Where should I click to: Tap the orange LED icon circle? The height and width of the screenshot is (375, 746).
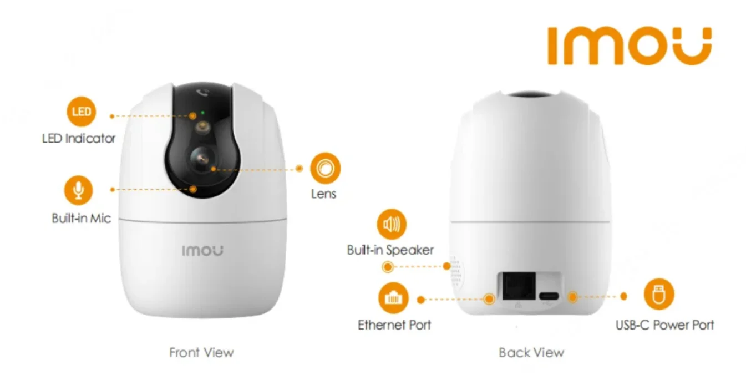(x=82, y=113)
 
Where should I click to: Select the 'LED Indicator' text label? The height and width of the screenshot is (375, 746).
(x=79, y=138)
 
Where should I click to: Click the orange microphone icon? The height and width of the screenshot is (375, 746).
(x=79, y=190)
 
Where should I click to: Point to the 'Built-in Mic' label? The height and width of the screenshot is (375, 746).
(x=82, y=218)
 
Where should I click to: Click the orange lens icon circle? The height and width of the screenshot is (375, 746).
(x=325, y=167)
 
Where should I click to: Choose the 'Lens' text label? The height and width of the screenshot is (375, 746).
(x=324, y=194)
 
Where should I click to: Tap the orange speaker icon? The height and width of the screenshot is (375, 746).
(x=392, y=224)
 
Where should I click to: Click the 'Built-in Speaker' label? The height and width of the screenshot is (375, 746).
(x=390, y=250)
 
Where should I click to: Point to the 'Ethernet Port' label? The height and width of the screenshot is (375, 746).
(x=394, y=325)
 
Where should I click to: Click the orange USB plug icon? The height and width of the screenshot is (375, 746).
(x=659, y=294)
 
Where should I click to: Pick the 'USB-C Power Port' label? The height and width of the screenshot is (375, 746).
(x=665, y=325)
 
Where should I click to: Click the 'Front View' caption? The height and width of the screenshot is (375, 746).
(x=201, y=352)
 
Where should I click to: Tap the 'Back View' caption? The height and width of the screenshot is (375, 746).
(x=531, y=352)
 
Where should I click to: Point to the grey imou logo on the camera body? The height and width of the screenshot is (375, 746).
(x=203, y=251)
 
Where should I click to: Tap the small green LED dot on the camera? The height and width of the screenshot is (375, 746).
(x=202, y=113)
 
